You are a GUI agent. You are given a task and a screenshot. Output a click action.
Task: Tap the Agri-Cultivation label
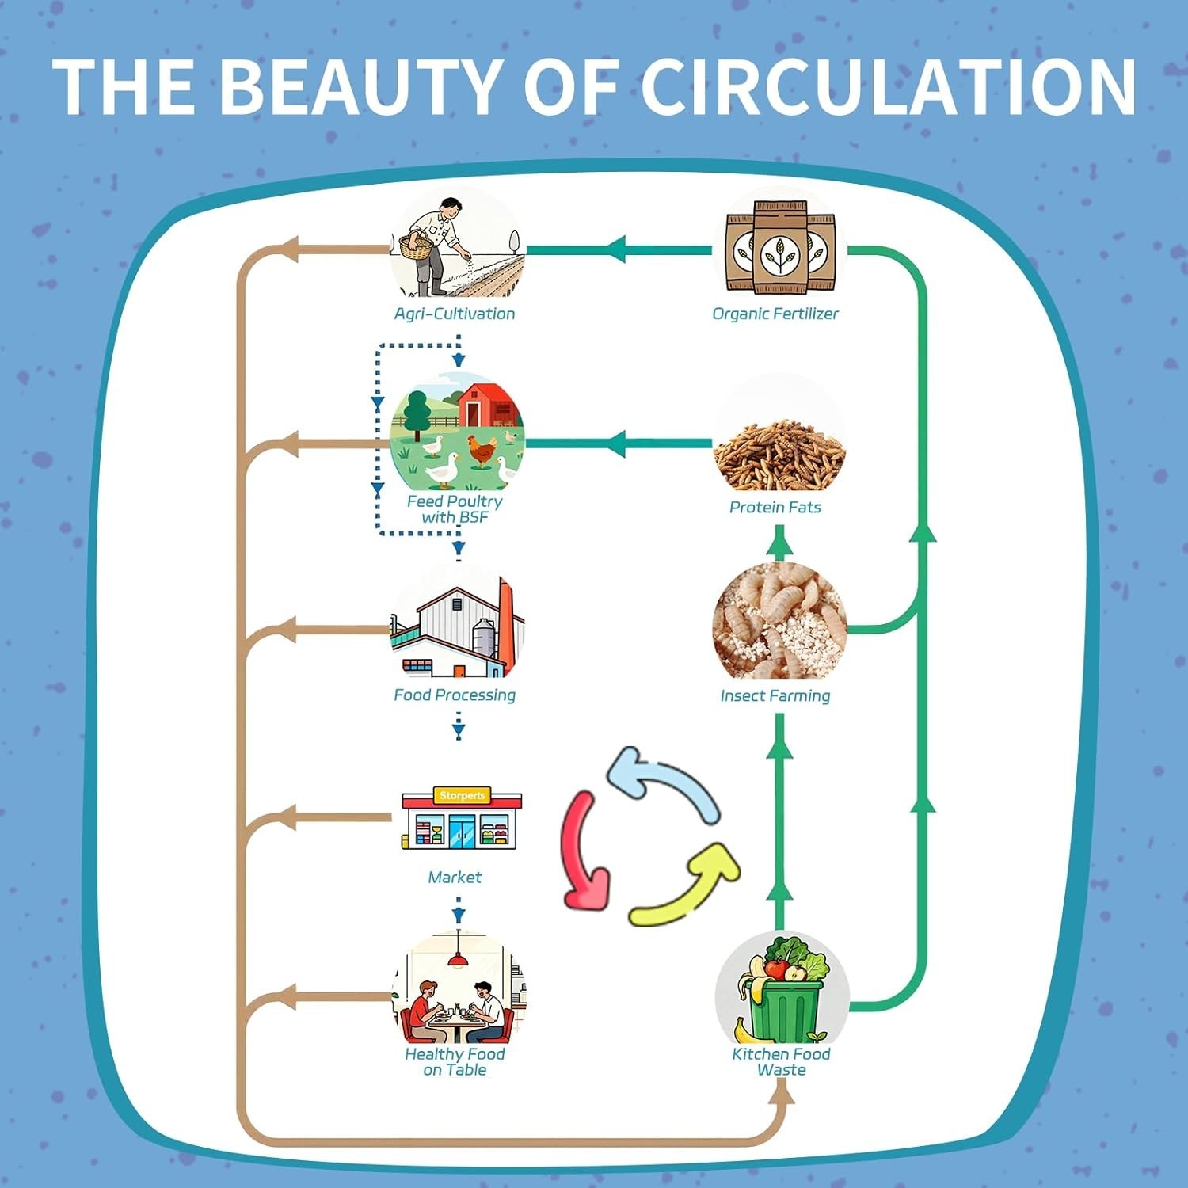pos(455,314)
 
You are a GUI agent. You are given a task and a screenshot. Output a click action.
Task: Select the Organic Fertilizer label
pos(775,314)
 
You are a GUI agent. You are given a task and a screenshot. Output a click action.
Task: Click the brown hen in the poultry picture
pos(482,450)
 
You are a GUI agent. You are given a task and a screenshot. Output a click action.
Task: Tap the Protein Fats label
pos(775,507)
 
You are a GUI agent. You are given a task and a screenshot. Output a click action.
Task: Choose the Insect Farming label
pos(775,695)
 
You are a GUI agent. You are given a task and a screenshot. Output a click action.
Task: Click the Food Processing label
pos(455,695)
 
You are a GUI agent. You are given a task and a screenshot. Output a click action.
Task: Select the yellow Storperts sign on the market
pos(462,795)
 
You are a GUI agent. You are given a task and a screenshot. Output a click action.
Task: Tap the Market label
pos(455,877)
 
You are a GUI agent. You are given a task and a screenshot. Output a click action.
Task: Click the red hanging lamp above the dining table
pos(458,959)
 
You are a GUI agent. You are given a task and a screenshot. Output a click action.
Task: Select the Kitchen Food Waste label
pos(781,1061)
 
